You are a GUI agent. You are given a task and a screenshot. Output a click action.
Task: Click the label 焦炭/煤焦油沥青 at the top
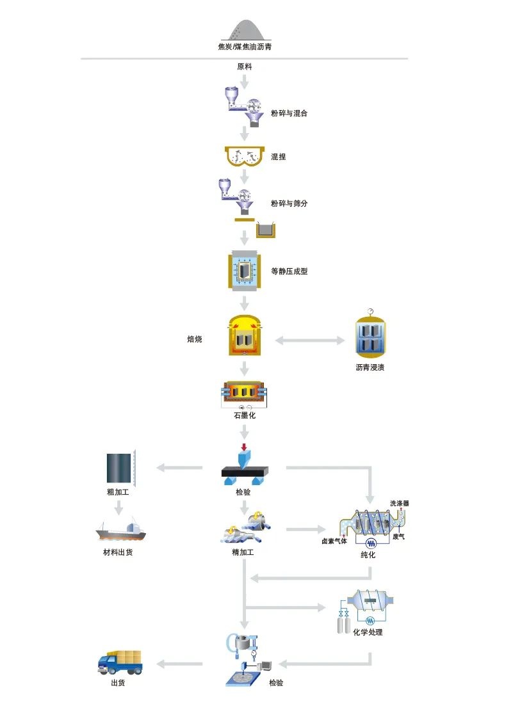tap(249, 47)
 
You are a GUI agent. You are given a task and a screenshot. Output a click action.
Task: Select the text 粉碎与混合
tap(290, 113)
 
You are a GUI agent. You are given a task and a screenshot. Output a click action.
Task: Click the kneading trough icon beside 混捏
tap(244, 156)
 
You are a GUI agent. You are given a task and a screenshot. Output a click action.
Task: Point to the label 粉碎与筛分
tap(290, 204)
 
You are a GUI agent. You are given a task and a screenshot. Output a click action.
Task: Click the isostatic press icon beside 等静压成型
tap(244, 271)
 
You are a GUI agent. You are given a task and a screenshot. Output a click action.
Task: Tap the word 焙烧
tap(195, 339)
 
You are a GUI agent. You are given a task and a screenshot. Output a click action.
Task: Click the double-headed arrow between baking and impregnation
tap(310, 340)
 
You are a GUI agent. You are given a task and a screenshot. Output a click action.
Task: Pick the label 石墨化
tap(244, 415)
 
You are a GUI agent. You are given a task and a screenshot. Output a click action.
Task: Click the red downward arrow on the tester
tap(244, 445)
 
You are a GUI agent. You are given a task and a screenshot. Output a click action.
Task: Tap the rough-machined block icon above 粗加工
tap(120, 468)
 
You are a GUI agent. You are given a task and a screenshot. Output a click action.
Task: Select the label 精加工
tap(243, 552)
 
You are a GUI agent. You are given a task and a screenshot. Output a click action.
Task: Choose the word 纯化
tap(368, 555)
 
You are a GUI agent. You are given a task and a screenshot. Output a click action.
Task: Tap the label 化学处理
tap(368, 632)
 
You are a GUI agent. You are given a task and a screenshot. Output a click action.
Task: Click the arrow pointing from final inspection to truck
tap(180, 664)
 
